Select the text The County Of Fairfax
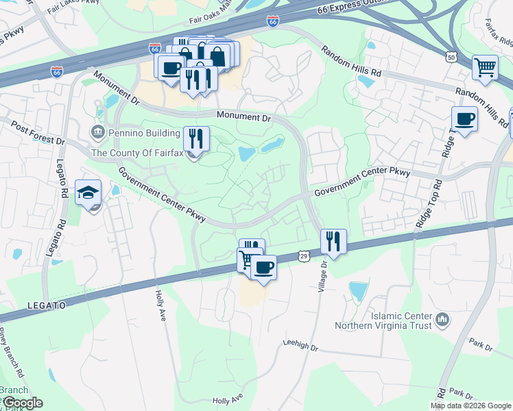click(137, 153)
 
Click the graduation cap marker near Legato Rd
click(88, 192)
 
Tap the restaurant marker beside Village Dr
click(333, 242)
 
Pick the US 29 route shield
click(304, 256)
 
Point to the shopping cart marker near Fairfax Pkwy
click(485, 68)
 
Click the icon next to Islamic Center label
click(442, 318)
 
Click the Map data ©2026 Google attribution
click(470, 406)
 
